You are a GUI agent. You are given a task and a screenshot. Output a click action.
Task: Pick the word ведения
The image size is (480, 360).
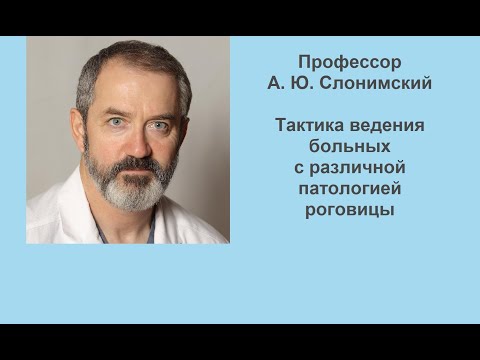390,127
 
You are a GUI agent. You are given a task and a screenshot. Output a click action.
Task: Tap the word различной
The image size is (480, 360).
358,165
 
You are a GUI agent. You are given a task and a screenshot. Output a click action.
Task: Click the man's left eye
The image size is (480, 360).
159,125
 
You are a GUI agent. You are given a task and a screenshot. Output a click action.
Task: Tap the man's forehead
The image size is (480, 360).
135,92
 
